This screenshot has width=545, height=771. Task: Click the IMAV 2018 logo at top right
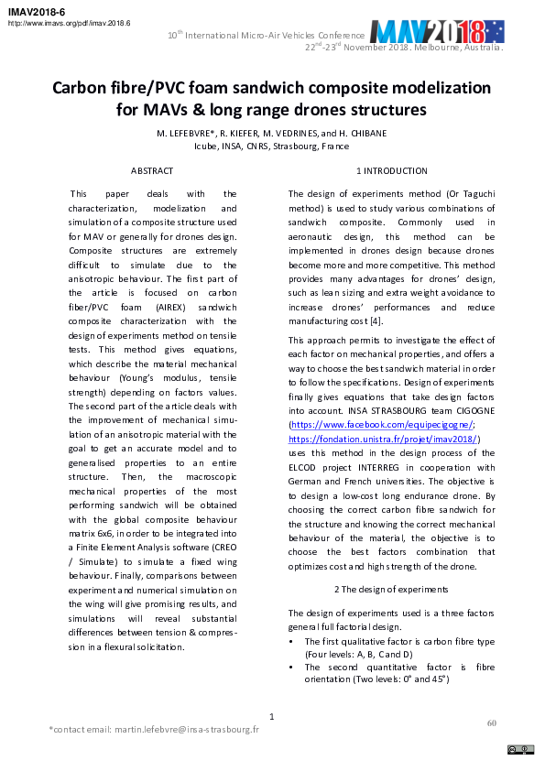coord(436,33)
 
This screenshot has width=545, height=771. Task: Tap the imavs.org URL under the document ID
coord(70,22)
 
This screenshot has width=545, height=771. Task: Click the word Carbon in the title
coord(80,89)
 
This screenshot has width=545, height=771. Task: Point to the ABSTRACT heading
coord(152,171)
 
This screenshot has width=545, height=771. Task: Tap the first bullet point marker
coord(292,642)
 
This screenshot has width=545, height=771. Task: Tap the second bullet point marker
coord(292,668)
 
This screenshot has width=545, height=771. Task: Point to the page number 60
coord(491,723)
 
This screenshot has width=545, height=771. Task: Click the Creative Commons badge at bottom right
coord(520,749)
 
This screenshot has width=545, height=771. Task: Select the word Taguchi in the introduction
coord(474,194)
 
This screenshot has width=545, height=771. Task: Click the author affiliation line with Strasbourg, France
coord(271,146)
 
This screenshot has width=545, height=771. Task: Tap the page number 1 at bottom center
coord(271,716)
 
